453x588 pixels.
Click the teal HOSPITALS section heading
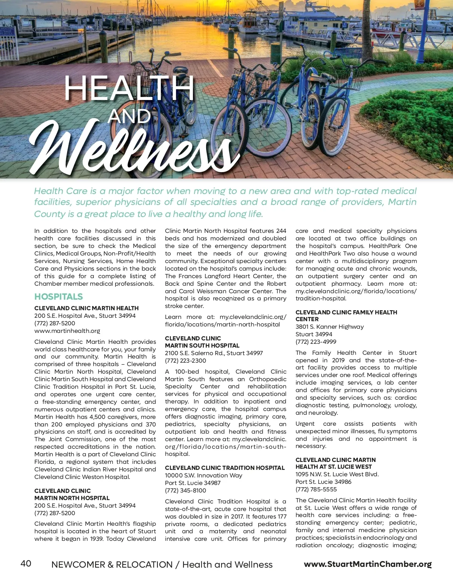point(59,297)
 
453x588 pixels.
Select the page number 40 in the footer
point(26,563)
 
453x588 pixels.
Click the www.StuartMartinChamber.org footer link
point(368,564)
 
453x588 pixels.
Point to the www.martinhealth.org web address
point(67,331)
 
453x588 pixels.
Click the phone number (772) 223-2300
point(185,360)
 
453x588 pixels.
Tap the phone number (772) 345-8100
point(185,491)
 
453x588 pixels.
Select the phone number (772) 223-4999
point(316,342)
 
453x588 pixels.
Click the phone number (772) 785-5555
point(316,489)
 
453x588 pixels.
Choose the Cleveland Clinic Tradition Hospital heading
point(225,468)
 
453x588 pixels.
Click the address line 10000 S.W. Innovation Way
point(203,476)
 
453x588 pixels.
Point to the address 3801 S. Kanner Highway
point(330,327)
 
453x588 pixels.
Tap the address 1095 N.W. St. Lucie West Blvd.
point(337,474)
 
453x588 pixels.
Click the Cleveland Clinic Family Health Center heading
point(346,316)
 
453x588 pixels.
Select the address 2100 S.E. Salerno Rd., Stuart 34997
point(214,353)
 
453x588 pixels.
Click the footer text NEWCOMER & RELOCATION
point(112,565)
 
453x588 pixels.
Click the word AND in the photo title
point(129,116)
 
